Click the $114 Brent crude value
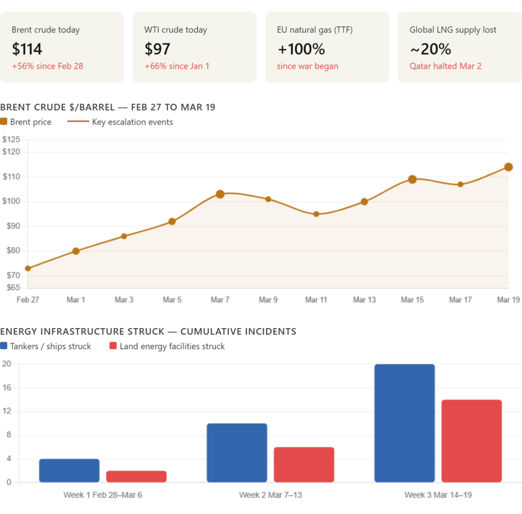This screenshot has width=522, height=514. click(x=27, y=49)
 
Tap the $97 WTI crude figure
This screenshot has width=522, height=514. click(x=158, y=49)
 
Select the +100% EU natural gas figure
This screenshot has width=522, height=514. click(x=301, y=49)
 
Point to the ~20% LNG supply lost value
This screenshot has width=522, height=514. click(x=431, y=49)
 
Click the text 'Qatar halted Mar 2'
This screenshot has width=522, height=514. click(x=446, y=66)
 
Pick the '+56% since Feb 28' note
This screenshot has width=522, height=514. click(x=47, y=66)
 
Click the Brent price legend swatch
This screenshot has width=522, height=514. click(x=4, y=122)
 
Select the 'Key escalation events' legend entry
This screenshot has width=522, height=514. click(x=133, y=122)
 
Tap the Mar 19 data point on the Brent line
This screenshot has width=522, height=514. click(x=508, y=166)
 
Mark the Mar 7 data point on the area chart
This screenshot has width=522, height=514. click(x=220, y=193)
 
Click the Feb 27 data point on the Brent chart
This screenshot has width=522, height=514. click(x=28, y=268)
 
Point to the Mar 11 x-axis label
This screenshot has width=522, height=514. click(x=316, y=300)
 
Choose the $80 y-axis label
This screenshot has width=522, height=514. click(x=13, y=250)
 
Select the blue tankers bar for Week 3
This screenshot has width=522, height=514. click(x=405, y=423)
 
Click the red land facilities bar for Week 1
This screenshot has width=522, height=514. click(x=136, y=476)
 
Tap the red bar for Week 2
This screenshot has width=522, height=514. click(x=304, y=464)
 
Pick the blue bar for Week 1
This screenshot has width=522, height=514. click(x=69, y=471)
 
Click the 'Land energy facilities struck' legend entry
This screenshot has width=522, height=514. click(x=172, y=347)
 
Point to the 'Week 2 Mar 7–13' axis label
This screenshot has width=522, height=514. click(x=271, y=495)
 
